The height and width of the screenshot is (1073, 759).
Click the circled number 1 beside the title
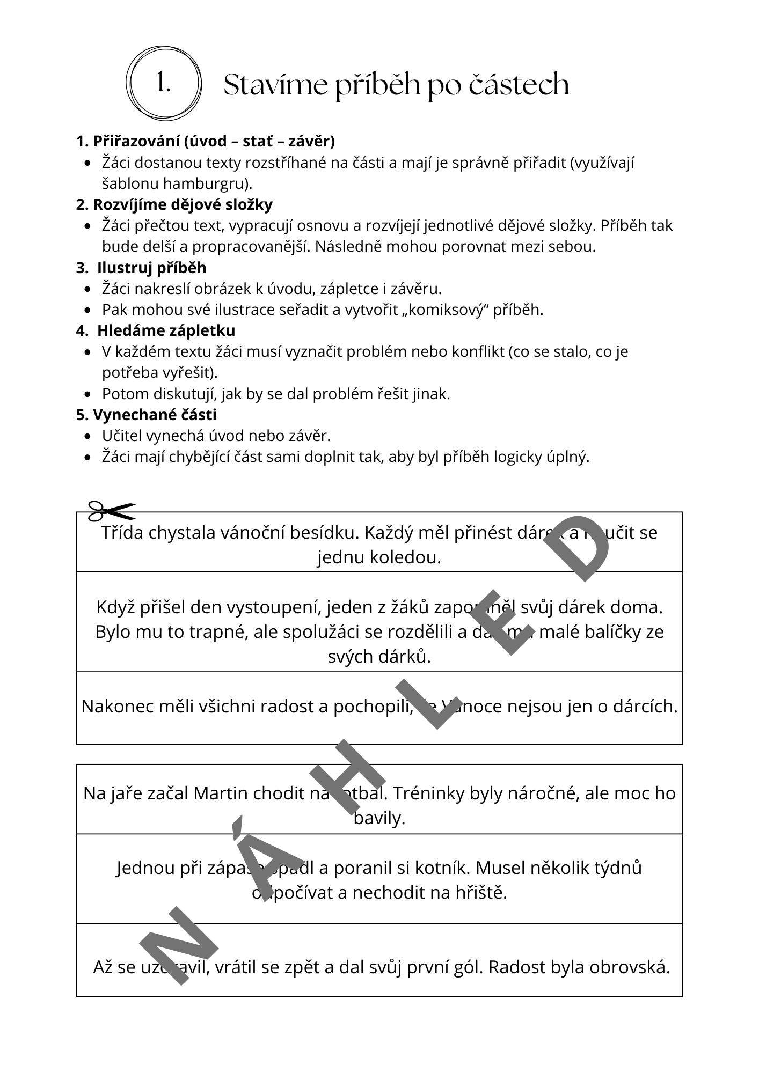[x=163, y=83]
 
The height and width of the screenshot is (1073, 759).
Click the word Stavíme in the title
[x=269, y=85]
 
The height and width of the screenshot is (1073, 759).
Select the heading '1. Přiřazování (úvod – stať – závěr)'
[x=206, y=141]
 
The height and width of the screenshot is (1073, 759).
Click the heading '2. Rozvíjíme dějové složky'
[x=174, y=204]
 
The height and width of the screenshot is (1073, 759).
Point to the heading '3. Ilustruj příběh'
[x=141, y=267]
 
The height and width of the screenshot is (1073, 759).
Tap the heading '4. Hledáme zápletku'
[x=156, y=330]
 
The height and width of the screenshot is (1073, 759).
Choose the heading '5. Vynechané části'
[x=147, y=415]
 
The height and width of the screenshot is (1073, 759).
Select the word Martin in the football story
[x=221, y=792]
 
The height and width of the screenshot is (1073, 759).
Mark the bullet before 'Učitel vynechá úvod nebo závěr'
[x=88, y=436]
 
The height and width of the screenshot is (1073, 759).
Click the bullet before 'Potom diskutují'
[x=88, y=394]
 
